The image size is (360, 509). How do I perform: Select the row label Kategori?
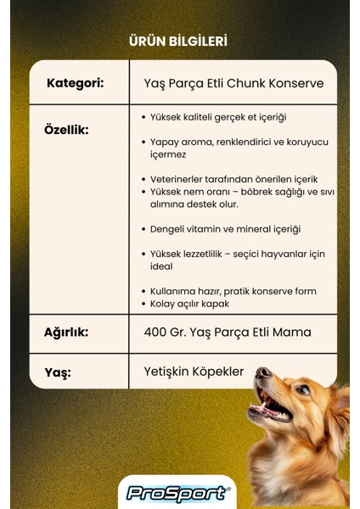coord(75,83)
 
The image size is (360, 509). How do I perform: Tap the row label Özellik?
coord(65,130)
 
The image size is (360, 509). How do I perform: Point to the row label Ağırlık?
coord(65,332)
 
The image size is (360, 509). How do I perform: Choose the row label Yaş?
coord(59,372)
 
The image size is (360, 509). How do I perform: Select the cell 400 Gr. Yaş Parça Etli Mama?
coord(227,332)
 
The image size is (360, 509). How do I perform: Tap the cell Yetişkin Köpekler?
coord(194,372)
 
